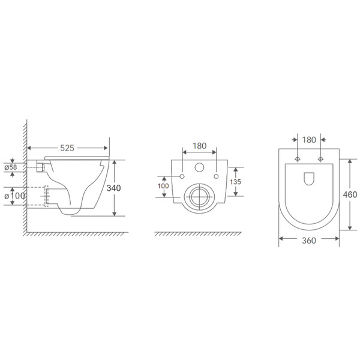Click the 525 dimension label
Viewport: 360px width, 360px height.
click(67, 148)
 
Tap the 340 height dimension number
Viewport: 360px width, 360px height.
click(113, 188)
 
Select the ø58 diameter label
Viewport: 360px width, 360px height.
click(11, 167)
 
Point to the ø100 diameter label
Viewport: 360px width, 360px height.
click(14, 196)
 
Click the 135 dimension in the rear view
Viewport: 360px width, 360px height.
click(235, 182)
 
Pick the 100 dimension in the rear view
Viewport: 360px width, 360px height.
click(163, 186)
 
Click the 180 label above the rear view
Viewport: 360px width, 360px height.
click(200, 146)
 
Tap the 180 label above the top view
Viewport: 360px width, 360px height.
click(309, 140)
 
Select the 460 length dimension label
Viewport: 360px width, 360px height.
click(350, 194)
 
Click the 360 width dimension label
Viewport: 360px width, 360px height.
click(309, 241)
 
